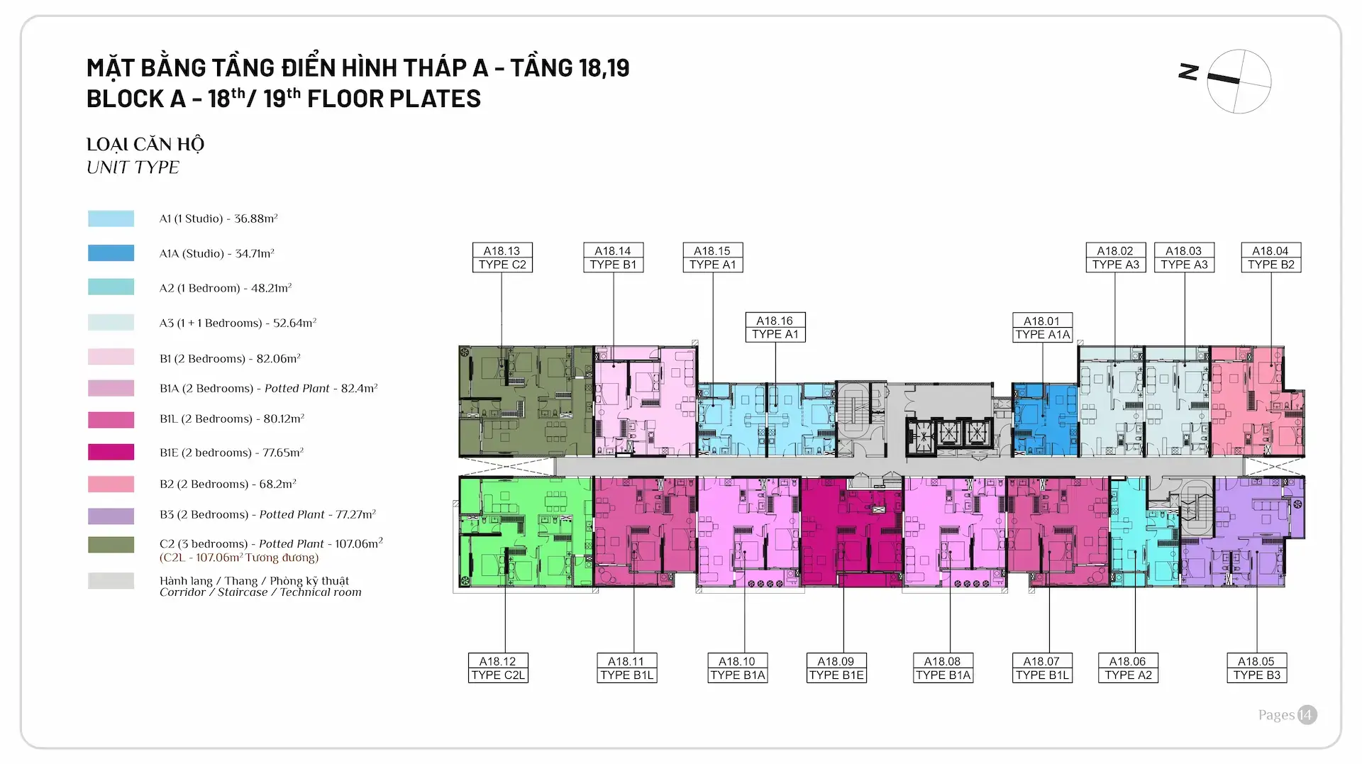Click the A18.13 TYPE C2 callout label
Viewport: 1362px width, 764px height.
(x=502, y=258)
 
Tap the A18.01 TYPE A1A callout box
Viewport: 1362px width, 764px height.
(x=1042, y=328)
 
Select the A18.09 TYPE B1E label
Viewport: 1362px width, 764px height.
(x=836, y=668)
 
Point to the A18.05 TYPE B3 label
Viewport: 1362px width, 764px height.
(x=1256, y=668)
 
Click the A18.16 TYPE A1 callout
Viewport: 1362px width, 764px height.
(x=775, y=328)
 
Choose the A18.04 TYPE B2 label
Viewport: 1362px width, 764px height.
(x=1270, y=258)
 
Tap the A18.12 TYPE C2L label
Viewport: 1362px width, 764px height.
(x=498, y=668)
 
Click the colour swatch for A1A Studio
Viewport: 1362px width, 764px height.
(x=111, y=253)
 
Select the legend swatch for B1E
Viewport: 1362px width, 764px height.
(x=111, y=452)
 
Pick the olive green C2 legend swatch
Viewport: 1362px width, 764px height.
(x=111, y=545)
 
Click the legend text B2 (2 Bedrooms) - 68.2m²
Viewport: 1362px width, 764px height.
(x=228, y=484)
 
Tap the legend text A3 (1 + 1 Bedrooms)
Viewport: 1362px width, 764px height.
(x=238, y=323)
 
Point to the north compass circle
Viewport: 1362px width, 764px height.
(x=1239, y=82)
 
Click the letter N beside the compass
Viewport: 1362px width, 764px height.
(x=1188, y=72)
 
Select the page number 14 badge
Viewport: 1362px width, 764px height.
(x=1306, y=715)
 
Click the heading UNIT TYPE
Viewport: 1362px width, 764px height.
(x=133, y=167)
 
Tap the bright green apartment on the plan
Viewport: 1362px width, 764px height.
(x=525, y=532)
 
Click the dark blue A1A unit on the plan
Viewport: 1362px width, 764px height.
(x=1044, y=419)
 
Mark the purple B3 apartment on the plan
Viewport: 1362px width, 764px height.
(x=1248, y=532)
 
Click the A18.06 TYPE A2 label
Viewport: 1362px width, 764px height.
(x=1128, y=668)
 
